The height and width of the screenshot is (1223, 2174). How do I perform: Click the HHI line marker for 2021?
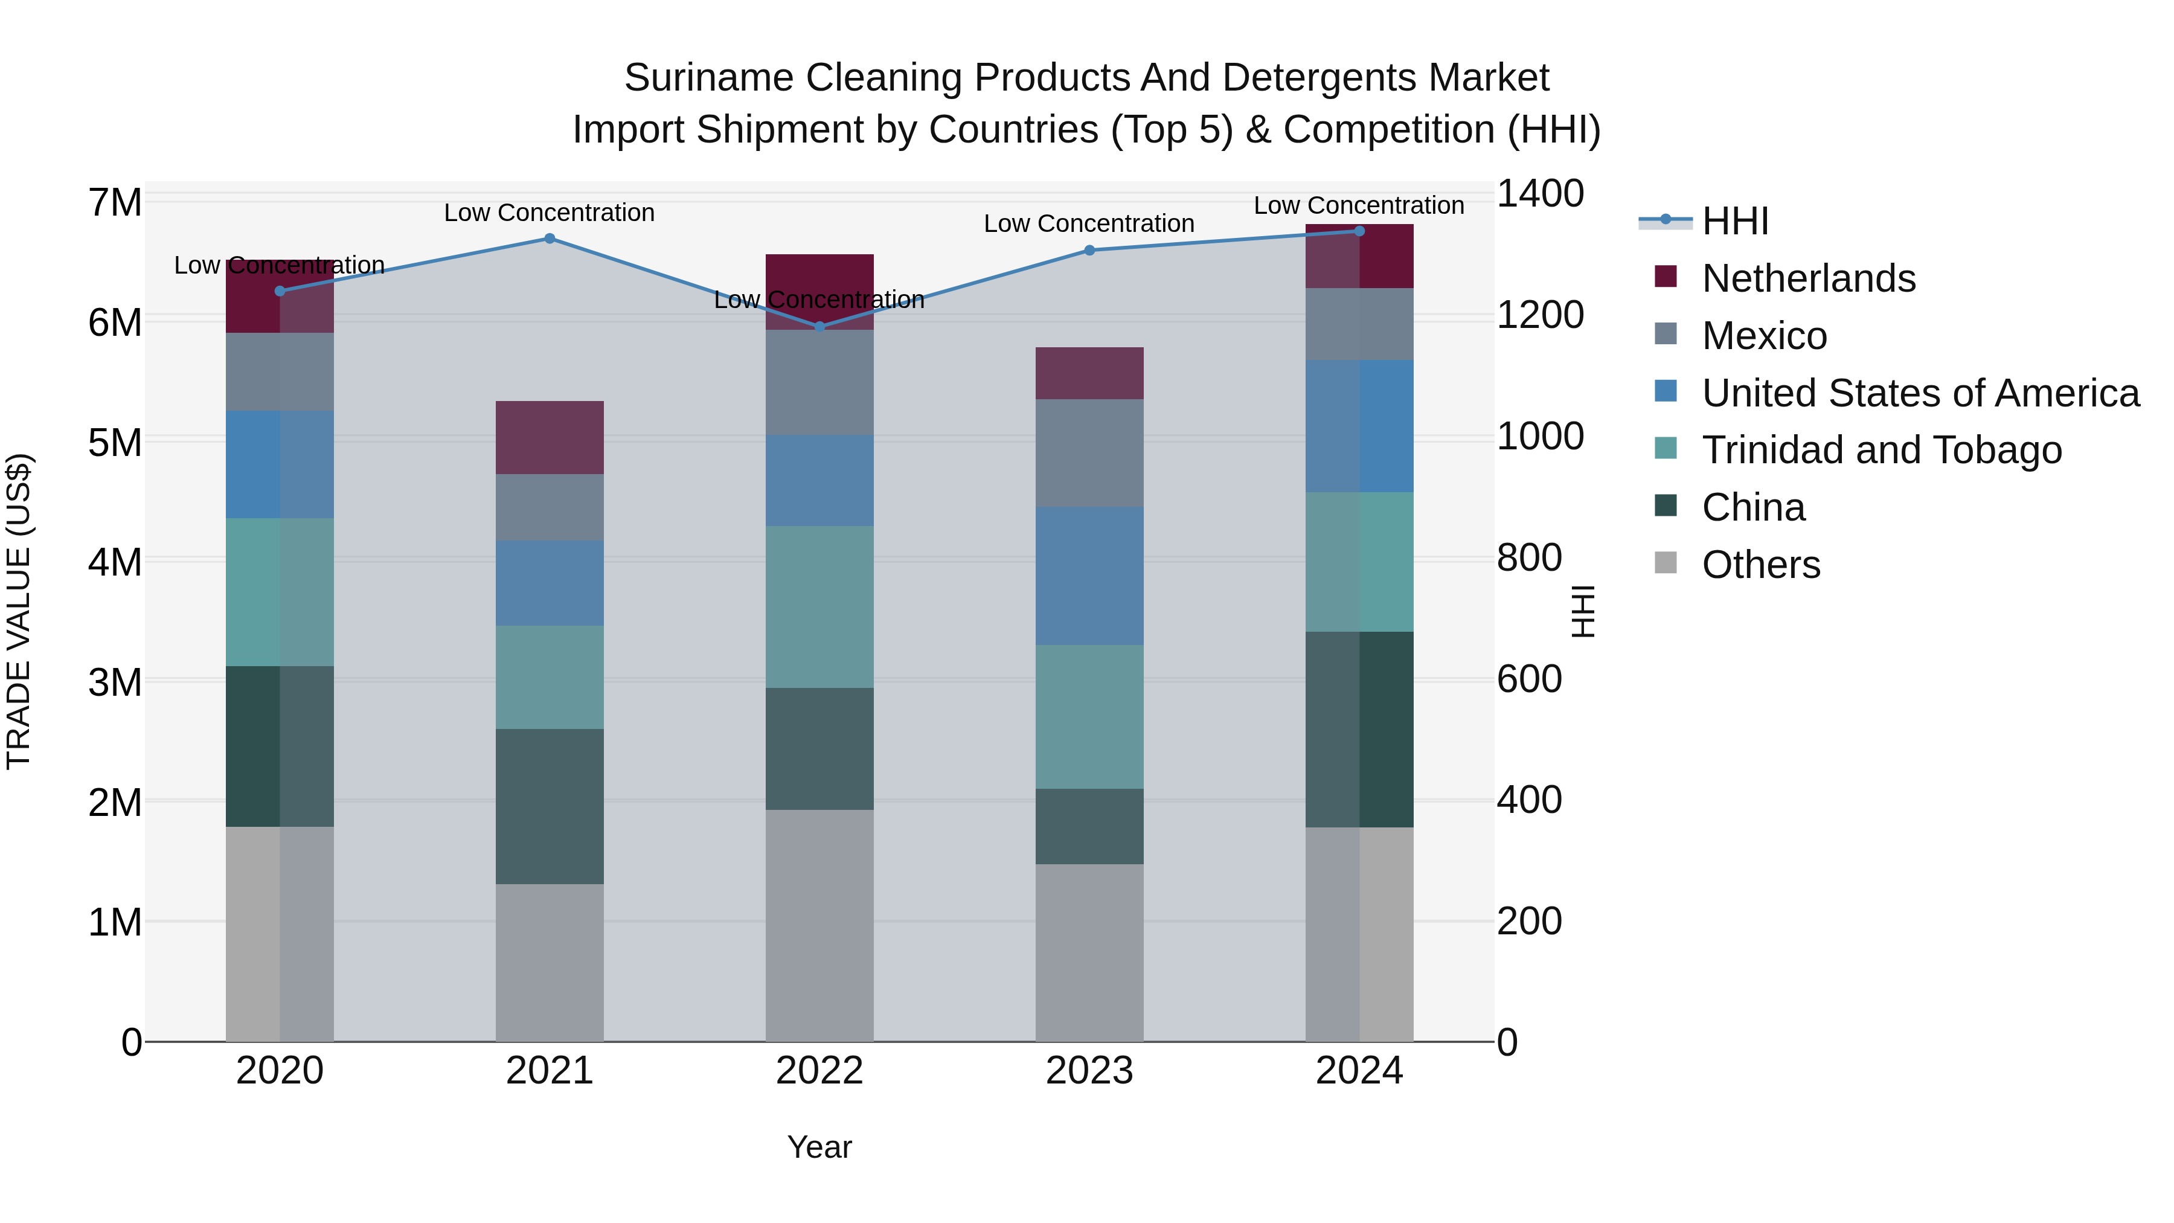click(550, 239)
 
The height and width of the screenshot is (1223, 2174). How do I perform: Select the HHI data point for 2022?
click(819, 327)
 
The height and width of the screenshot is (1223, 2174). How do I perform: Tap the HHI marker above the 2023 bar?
click(1089, 251)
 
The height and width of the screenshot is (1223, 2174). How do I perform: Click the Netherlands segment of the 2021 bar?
click(550, 437)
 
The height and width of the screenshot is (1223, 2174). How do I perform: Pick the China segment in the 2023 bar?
click(1089, 826)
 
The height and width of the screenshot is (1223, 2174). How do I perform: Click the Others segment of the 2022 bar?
click(819, 925)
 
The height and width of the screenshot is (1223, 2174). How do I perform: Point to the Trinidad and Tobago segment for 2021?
click(550, 677)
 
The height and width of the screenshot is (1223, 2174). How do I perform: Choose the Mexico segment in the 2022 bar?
click(819, 382)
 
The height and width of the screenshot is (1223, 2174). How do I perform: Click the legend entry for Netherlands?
click(1809, 278)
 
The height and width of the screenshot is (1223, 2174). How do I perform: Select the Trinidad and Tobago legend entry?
click(1881, 450)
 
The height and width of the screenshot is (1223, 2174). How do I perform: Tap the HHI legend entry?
click(1735, 221)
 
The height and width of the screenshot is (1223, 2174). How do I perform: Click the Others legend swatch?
click(1666, 562)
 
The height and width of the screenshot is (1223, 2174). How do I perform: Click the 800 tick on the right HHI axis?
click(1529, 558)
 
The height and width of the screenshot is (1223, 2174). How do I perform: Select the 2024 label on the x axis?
click(1359, 1071)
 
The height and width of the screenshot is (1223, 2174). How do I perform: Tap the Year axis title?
click(819, 1147)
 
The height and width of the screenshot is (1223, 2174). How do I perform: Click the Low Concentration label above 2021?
click(550, 213)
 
